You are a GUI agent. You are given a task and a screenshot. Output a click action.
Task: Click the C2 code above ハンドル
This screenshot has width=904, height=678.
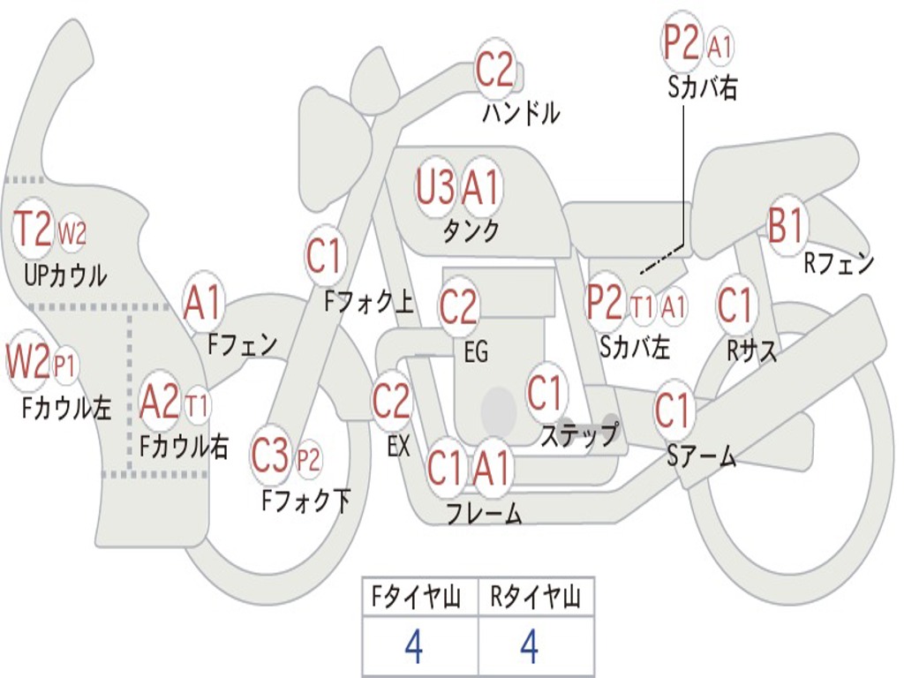(x=494, y=69)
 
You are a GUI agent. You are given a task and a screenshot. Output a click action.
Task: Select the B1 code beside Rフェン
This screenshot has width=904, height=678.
(x=785, y=224)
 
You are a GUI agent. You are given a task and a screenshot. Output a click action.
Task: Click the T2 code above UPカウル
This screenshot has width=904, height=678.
(x=33, y=229)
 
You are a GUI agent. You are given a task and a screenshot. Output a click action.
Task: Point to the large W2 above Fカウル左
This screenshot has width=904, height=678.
(x=27, y=360)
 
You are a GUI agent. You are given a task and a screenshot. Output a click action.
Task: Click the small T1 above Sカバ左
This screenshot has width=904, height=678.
(x=642, y=307)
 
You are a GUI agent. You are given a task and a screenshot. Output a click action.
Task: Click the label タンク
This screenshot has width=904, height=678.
(x=471, y=230)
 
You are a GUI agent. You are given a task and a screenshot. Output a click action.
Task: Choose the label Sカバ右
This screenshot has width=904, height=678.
(x=702, y=87)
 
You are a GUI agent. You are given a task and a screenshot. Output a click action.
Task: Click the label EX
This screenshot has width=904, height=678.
(x=398, y=446)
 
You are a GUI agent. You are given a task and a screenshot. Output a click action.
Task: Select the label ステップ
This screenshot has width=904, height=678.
(x=579, y=434)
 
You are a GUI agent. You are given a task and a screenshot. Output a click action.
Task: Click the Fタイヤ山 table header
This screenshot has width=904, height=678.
(x=416, y=597)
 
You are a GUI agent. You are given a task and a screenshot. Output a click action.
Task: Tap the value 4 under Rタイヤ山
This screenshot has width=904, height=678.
(x=530, y=646)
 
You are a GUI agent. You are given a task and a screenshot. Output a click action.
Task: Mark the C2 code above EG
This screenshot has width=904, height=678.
(x=458, y=306)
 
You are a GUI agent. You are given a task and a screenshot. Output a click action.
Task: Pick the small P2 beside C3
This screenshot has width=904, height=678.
(x=308, y=460)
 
